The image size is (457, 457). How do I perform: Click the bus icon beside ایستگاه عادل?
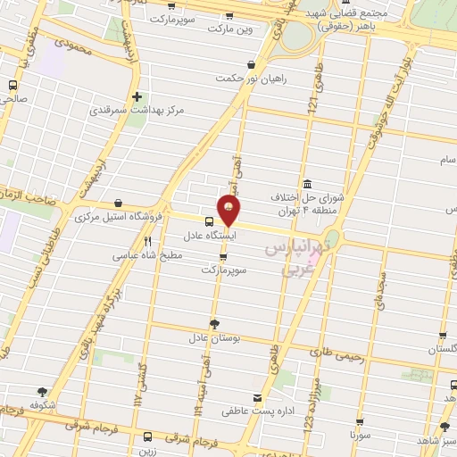click(209, 222)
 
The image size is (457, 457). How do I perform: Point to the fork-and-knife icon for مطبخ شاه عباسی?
click(147, 241)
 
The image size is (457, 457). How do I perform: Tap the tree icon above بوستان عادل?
click(213, 324)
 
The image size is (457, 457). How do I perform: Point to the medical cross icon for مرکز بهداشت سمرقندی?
click(136, 97)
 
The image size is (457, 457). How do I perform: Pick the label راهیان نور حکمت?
click(253, 79)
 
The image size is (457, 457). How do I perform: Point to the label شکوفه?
click(42, 403)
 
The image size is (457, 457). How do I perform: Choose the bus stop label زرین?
click(147, 452)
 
